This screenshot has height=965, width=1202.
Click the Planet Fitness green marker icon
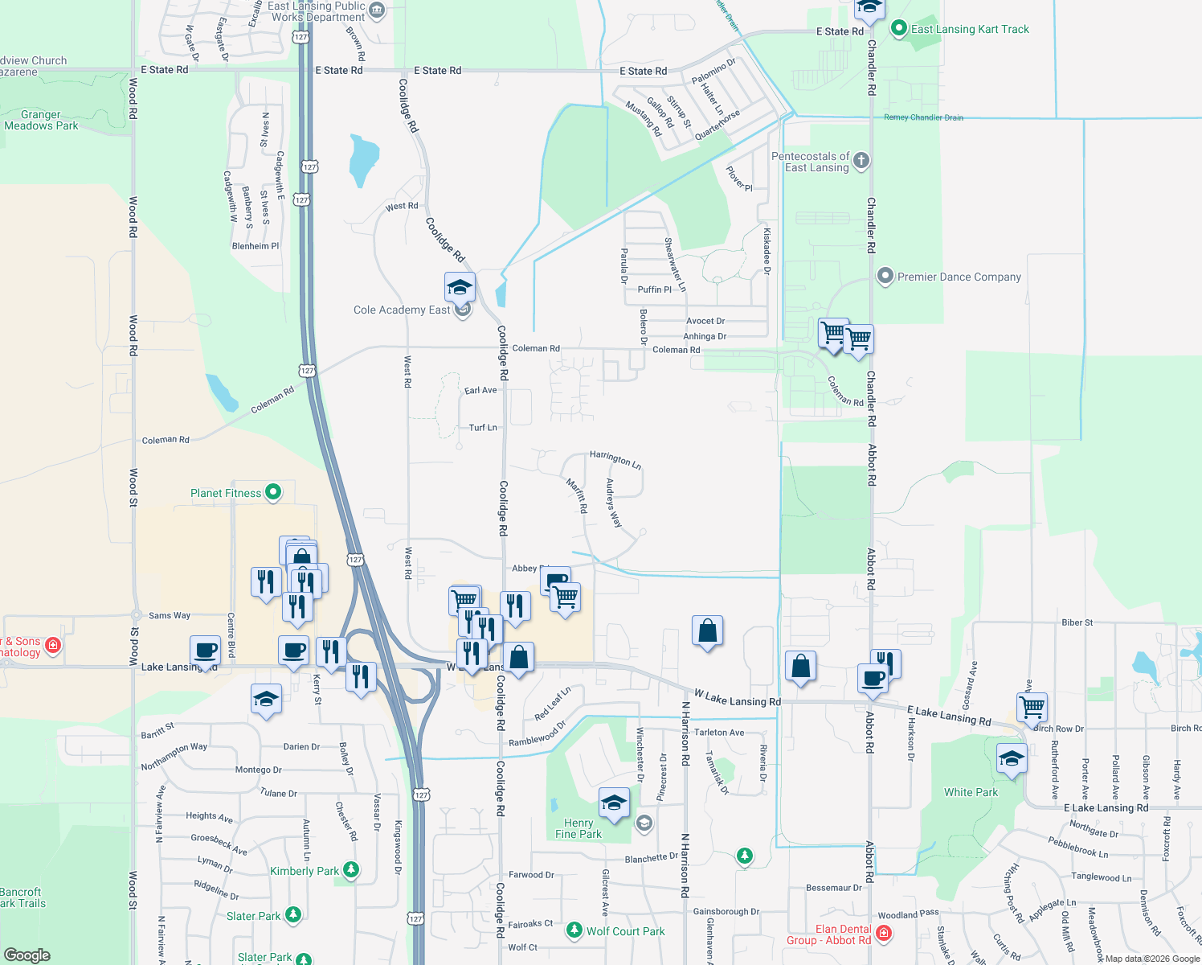pyautogui.click(x=272, y=492)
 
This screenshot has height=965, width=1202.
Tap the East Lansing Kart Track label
pyautogui.click(x=970, y=30)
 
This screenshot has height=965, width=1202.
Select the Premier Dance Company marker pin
pyautogui.click(x=885, y=277)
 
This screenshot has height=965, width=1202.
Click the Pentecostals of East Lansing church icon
pyautogui.click(x=861, y=160)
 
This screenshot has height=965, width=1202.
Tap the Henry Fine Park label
pyautogui.click(x=579, y=828)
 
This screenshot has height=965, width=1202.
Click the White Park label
pyautogui.click(x=971, y=792)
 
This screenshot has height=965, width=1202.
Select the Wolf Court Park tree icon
pyautogui.click(x=574, y=930)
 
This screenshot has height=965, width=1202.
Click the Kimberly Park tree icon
pyautogui.click(x=350, y=869)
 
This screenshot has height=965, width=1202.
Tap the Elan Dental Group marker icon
pyautogui.click(x=884, y=933)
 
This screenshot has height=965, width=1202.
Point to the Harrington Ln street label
pyautogui.click(x=615, y=458)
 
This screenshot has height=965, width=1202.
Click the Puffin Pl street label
pyautogui.click(x=655, y=289)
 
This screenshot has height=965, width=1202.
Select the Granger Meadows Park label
pyautogui.click(x=41, y=120)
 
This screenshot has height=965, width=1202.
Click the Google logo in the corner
pyautogui.click(x=27, y=955)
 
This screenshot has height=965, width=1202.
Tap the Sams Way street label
pyautogui.click(x=170, y=615)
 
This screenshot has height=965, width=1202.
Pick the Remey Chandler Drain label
pyautogui.click(x=923, y=117)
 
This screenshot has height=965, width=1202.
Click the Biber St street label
pyautogui.click(x=1077, y=622)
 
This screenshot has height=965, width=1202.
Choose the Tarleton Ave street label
pyautogui.click(x=719, y=733)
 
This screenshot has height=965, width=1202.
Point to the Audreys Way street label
pyautogui.click(x=614, y=503)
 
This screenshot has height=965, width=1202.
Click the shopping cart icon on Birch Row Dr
pyautogui.click(x=1032, y=707)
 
